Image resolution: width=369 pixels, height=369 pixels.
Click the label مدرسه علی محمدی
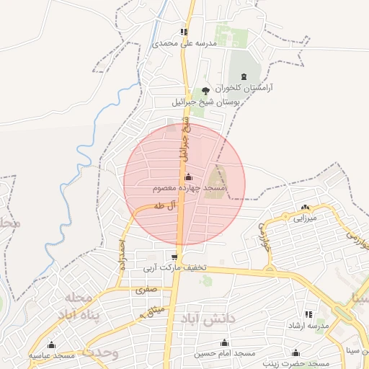click(184, 43)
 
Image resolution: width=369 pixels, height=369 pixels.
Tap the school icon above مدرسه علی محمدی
click(184, 32)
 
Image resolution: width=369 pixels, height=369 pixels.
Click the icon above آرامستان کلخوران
click(243, 76)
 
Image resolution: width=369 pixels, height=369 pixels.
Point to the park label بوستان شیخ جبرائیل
click(206, 102)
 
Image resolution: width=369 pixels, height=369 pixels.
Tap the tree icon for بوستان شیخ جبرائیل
click(206, 91)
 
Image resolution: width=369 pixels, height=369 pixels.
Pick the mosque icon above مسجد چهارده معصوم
click(189, 177)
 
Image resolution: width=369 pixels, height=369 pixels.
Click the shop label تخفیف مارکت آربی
click(174, 268)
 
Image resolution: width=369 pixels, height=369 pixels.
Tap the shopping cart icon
click(174, 257)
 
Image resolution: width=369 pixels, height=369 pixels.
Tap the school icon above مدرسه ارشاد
click(308, 314)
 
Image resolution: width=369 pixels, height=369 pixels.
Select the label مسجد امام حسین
click(225, 354)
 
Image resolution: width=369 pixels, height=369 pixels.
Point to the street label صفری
click(145, 290)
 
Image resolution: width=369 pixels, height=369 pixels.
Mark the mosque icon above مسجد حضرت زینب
click(295, 352)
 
